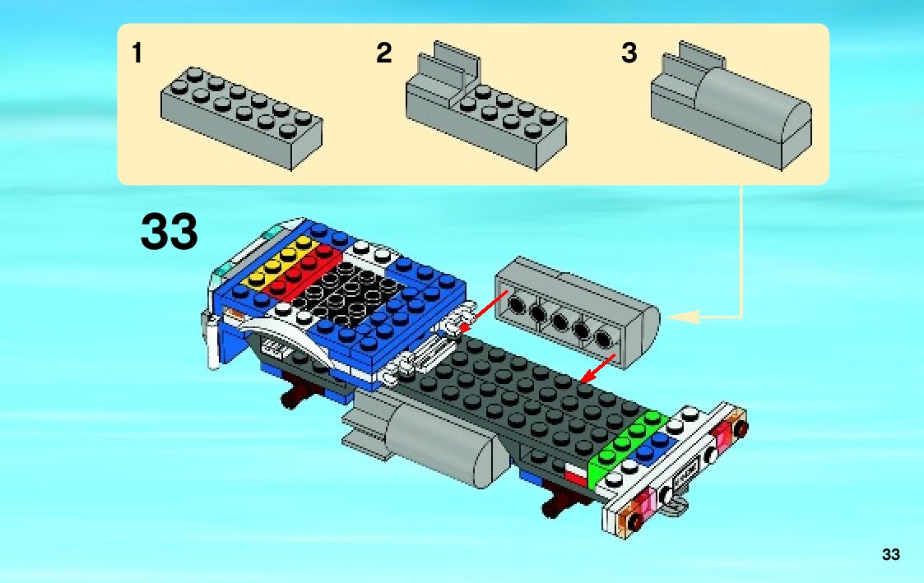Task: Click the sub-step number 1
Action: (137, 54)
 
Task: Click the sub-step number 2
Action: (383, 54)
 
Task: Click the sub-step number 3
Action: (629, 54)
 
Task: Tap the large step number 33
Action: (169, 232)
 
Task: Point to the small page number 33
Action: (891, 554)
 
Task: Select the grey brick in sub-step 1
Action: (241, 117)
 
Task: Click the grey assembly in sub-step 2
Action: (485, 113)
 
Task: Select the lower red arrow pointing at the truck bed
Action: (598, 368)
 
